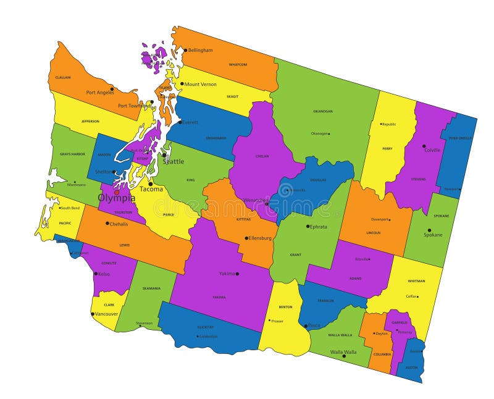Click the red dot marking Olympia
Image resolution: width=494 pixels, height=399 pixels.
point(116,192)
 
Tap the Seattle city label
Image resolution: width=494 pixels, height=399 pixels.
point(174,162)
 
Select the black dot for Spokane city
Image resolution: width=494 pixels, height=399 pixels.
point(429,230)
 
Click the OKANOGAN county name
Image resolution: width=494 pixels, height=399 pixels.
point(322,111)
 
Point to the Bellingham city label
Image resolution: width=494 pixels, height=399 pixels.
point(200,50)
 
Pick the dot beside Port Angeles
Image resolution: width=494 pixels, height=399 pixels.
point(112,88)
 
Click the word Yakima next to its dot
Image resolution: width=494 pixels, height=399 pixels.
point(227,273)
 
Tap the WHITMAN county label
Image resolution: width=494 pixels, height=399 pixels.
point(416,281)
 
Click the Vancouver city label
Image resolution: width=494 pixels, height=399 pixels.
point(106,314)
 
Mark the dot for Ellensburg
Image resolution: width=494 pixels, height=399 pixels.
point(246,238)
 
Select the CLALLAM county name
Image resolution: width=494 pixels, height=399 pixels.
point(63,77)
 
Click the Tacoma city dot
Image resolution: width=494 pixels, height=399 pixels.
point(150,183)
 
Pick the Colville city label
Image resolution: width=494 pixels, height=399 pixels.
point(432,150)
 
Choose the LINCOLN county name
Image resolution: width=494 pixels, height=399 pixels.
point(373,233)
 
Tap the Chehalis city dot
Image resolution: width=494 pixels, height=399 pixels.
point(107,223)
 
